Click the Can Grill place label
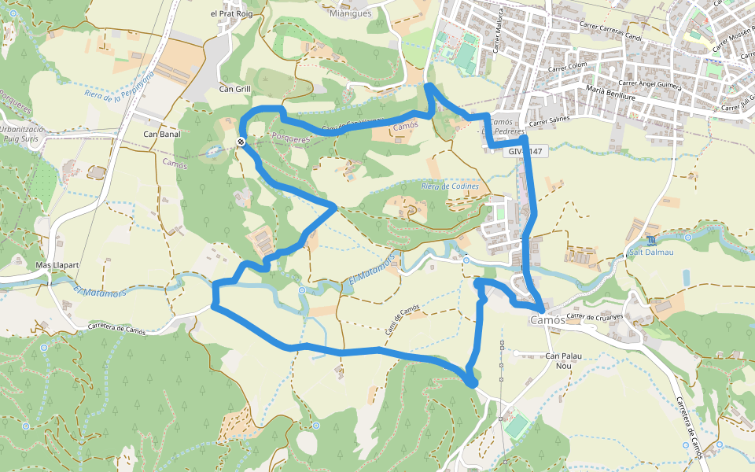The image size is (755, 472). pos(235,89)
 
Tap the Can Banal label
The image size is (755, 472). pos(161,134)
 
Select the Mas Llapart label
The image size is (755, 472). pos(57,265)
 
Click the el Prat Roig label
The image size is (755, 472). pos(230,13)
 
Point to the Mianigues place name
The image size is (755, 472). pos(351,13)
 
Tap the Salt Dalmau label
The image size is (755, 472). pos(652,253)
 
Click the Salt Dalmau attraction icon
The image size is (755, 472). pos(651,239)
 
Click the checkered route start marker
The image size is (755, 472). pos(241,142)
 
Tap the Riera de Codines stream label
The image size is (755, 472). pos(450,186)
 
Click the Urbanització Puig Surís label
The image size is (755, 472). pos(24,131)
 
